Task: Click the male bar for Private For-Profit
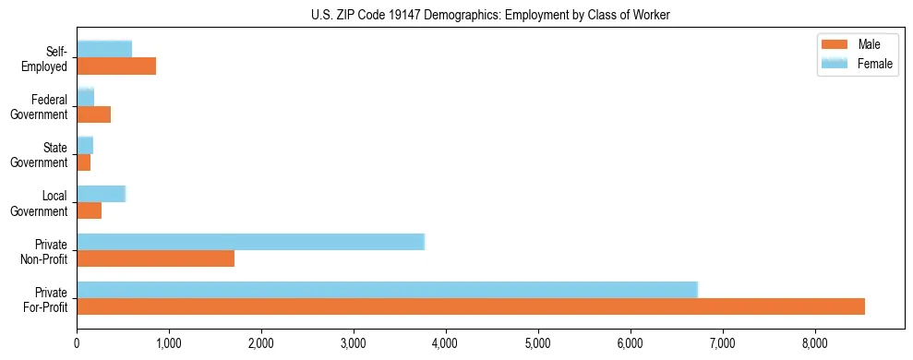471,306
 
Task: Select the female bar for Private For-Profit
387,290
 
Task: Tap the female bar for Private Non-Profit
250,242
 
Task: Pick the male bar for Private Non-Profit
155,258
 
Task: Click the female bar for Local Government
101,194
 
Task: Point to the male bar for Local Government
89,210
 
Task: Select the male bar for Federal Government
93,114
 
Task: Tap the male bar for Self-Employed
116,66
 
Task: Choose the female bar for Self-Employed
104,49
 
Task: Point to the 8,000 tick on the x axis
815,343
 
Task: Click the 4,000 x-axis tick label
446,343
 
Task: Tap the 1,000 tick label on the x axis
169,343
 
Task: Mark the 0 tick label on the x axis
77,343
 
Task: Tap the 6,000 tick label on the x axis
631,343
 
